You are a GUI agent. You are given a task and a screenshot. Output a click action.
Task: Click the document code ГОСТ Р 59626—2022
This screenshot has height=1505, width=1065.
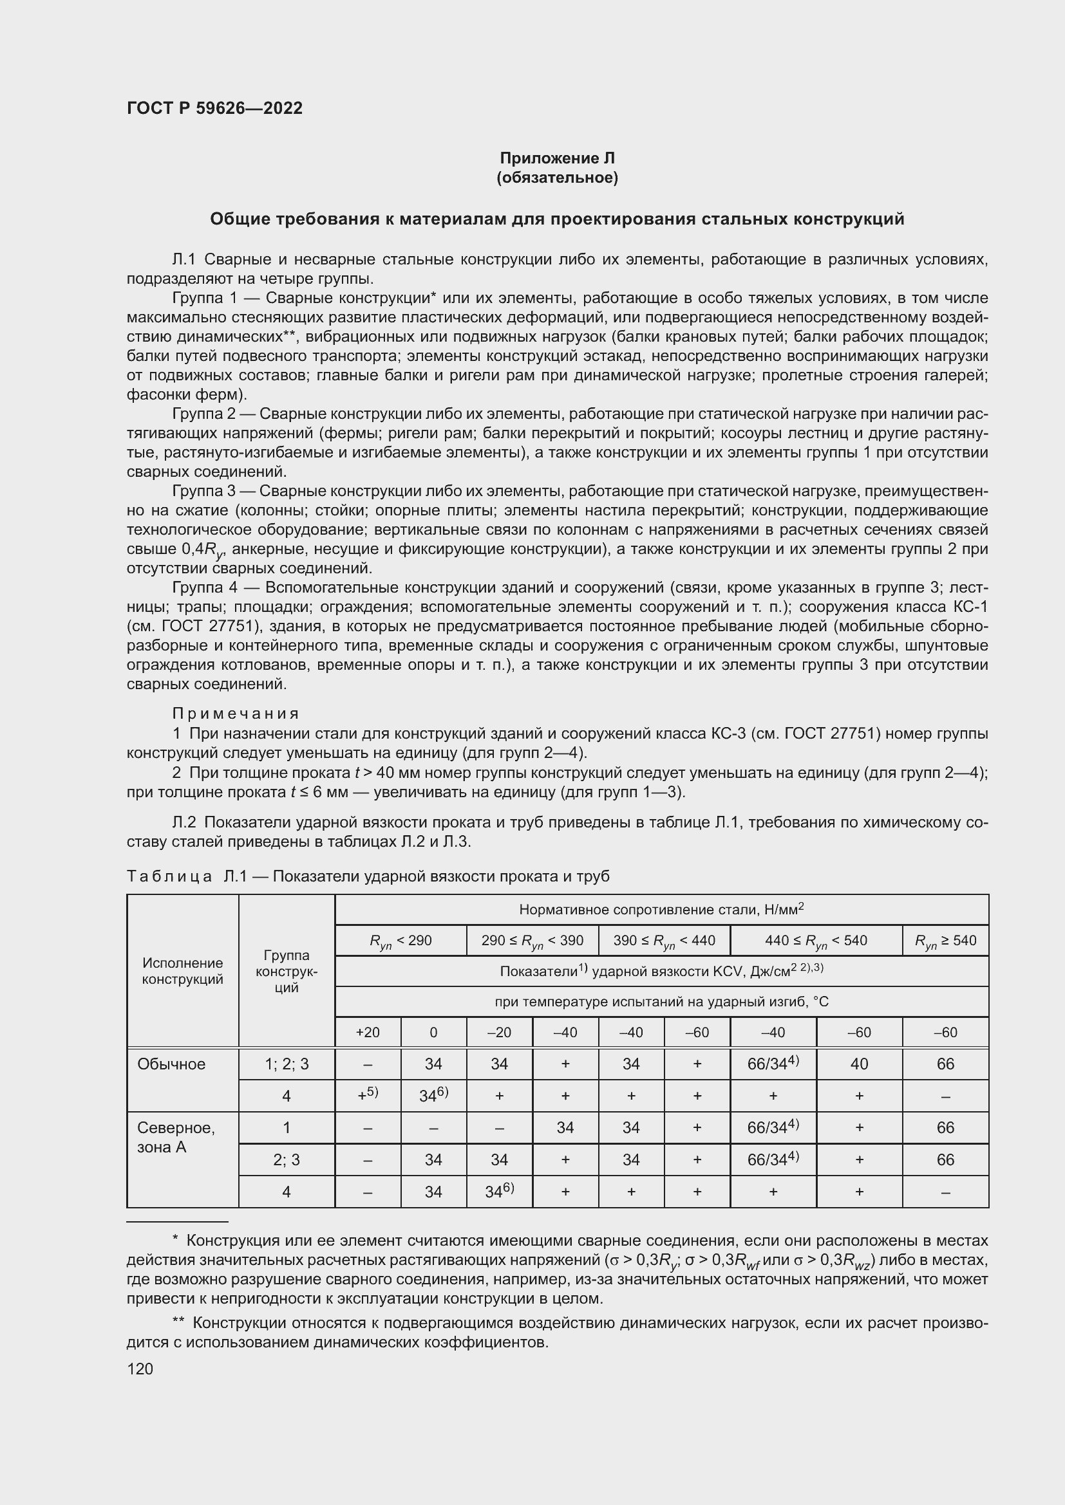[x=214, y=108]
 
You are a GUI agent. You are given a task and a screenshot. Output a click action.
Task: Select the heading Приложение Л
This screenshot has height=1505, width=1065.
[x=557, y=158]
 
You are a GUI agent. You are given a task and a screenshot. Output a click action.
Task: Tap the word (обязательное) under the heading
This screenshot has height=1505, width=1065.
[x=557, y=178]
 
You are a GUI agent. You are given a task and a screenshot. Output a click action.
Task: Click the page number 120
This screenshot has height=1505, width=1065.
[x=140, y=1369]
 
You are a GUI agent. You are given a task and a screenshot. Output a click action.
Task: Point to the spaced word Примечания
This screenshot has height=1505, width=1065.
[x=236, y=713]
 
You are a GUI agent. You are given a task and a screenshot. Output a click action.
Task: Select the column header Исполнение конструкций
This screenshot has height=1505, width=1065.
[x=182, y=972]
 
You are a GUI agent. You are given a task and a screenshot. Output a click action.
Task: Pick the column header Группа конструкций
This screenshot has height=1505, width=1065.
[x=287, y=972]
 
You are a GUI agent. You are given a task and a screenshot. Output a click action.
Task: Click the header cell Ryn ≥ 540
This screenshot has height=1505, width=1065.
[x=945, y=941]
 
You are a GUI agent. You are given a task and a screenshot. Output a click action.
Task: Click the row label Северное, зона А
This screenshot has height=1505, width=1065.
[x=175, y=1137]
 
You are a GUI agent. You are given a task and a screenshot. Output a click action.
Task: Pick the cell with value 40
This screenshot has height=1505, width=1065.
[x=858, y=1064]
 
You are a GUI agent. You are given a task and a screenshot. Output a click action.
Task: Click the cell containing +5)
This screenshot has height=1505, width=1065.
[x=367, y=1095]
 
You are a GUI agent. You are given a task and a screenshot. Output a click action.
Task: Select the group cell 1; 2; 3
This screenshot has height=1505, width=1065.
[x=287, y=1064]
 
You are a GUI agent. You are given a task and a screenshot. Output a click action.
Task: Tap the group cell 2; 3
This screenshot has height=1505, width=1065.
[x=287, y=1160]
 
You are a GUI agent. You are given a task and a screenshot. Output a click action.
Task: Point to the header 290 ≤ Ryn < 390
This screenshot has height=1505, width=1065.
[x=532, y=941]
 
